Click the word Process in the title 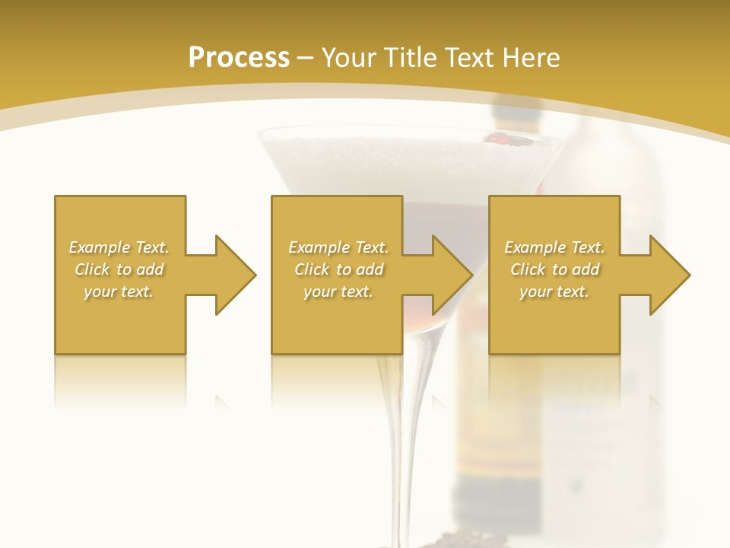point(239,58)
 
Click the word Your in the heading point(348,58)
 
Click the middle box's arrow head point(452,275)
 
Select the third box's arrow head point(669,275)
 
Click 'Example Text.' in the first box point(119,247)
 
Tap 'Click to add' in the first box point(119,269)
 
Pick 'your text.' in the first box point(119,292)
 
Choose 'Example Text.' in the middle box point(338,247)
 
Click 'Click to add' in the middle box point(338,269)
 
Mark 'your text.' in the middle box point(338,292)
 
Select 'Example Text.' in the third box point(554,247)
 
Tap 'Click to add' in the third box point(554,269)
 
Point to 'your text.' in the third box point(554,292)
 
